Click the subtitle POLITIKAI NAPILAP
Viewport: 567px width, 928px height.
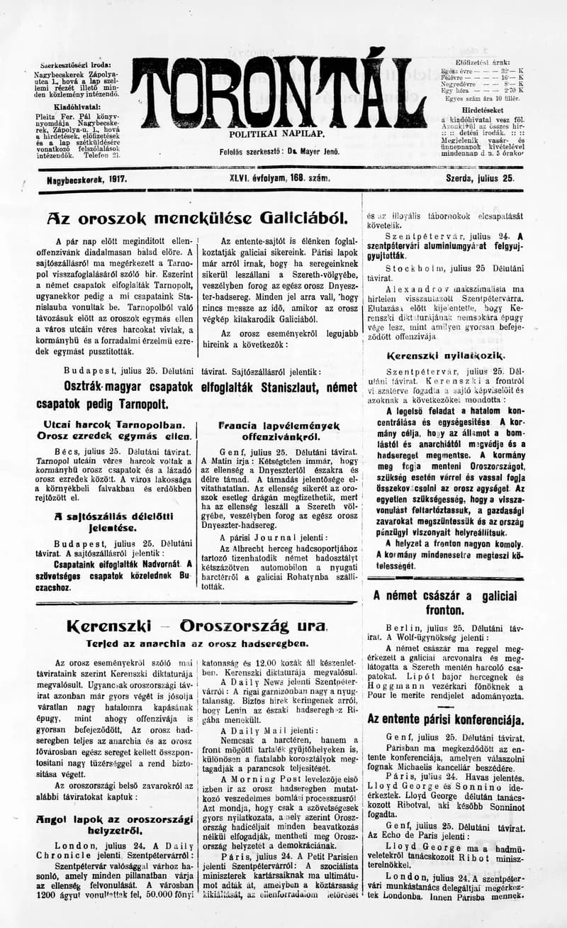(x=276, y=133)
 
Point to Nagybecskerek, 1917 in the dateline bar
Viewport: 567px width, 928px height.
(x=86, y=180)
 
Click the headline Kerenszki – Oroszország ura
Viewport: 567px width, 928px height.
(x=196, y=626)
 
